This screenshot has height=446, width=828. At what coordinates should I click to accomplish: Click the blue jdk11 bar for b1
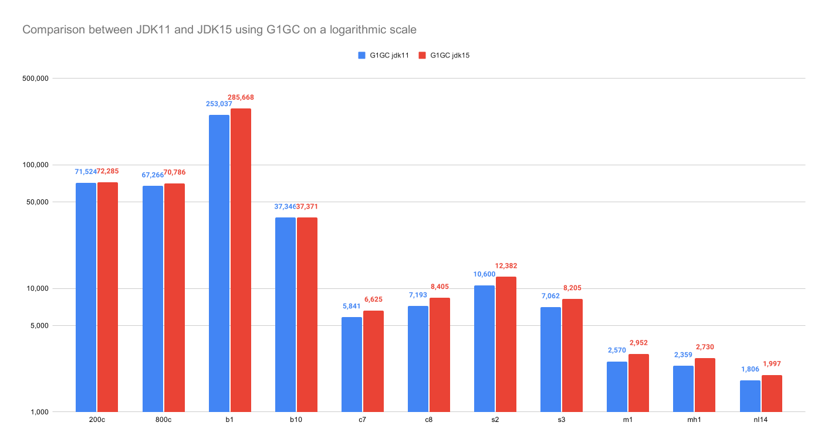[x=219, y=263]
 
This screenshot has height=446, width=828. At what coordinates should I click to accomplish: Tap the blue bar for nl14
[x=750, y=396]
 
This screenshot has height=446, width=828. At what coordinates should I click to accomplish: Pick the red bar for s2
[x=506, y=344]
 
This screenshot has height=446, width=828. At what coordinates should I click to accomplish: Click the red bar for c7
[x=373, y=361]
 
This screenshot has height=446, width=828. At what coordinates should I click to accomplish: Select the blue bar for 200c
[x=86, y=297]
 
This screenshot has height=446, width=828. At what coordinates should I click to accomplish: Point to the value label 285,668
[x=241, y=97]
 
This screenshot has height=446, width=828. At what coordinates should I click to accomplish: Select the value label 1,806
[x=751, y=369]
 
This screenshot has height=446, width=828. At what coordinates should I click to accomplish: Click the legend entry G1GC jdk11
[x=383, y=56]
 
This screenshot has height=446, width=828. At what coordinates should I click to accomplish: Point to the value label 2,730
[x=704, y=347]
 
